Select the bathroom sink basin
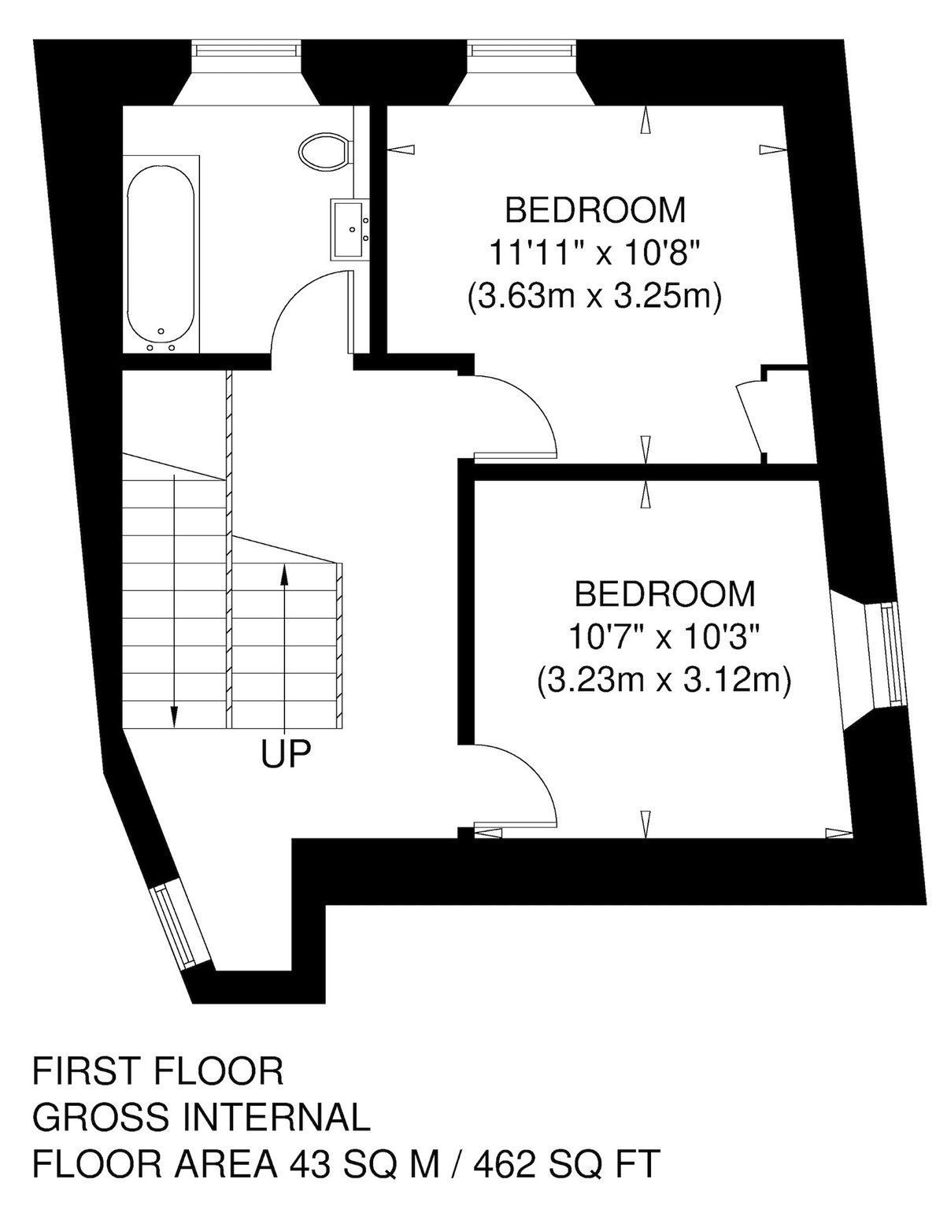(349, 229)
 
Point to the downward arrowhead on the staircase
(174, 715)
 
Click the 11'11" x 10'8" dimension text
(594, 253)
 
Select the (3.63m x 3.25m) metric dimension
(594, 296)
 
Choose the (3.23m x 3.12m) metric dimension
(664, 679)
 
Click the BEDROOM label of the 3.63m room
(595, 209)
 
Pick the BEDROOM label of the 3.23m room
(665, 593)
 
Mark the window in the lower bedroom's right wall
(889, 656)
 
